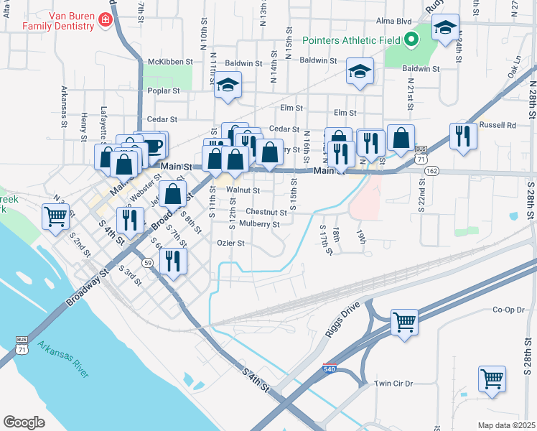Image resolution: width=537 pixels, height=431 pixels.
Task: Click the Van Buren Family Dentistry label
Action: click(58, 20)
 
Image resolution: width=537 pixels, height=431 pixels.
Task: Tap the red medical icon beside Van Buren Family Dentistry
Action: click(106, 20)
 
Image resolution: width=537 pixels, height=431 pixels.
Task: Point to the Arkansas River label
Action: click(64, 359)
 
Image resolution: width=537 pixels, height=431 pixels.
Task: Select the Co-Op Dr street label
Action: click(509, 310)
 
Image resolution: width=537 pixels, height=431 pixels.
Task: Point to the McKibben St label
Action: click(170, 62)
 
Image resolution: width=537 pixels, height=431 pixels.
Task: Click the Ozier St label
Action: click(230, 243)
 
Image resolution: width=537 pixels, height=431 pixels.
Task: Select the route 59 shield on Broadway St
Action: click(147, 264)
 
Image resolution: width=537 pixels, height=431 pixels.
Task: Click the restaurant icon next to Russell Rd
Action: click(463, 134)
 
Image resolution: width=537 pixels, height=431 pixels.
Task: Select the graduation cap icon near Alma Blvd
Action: click(445, 29)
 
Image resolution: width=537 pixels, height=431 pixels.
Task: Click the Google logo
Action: click(24, 422)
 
